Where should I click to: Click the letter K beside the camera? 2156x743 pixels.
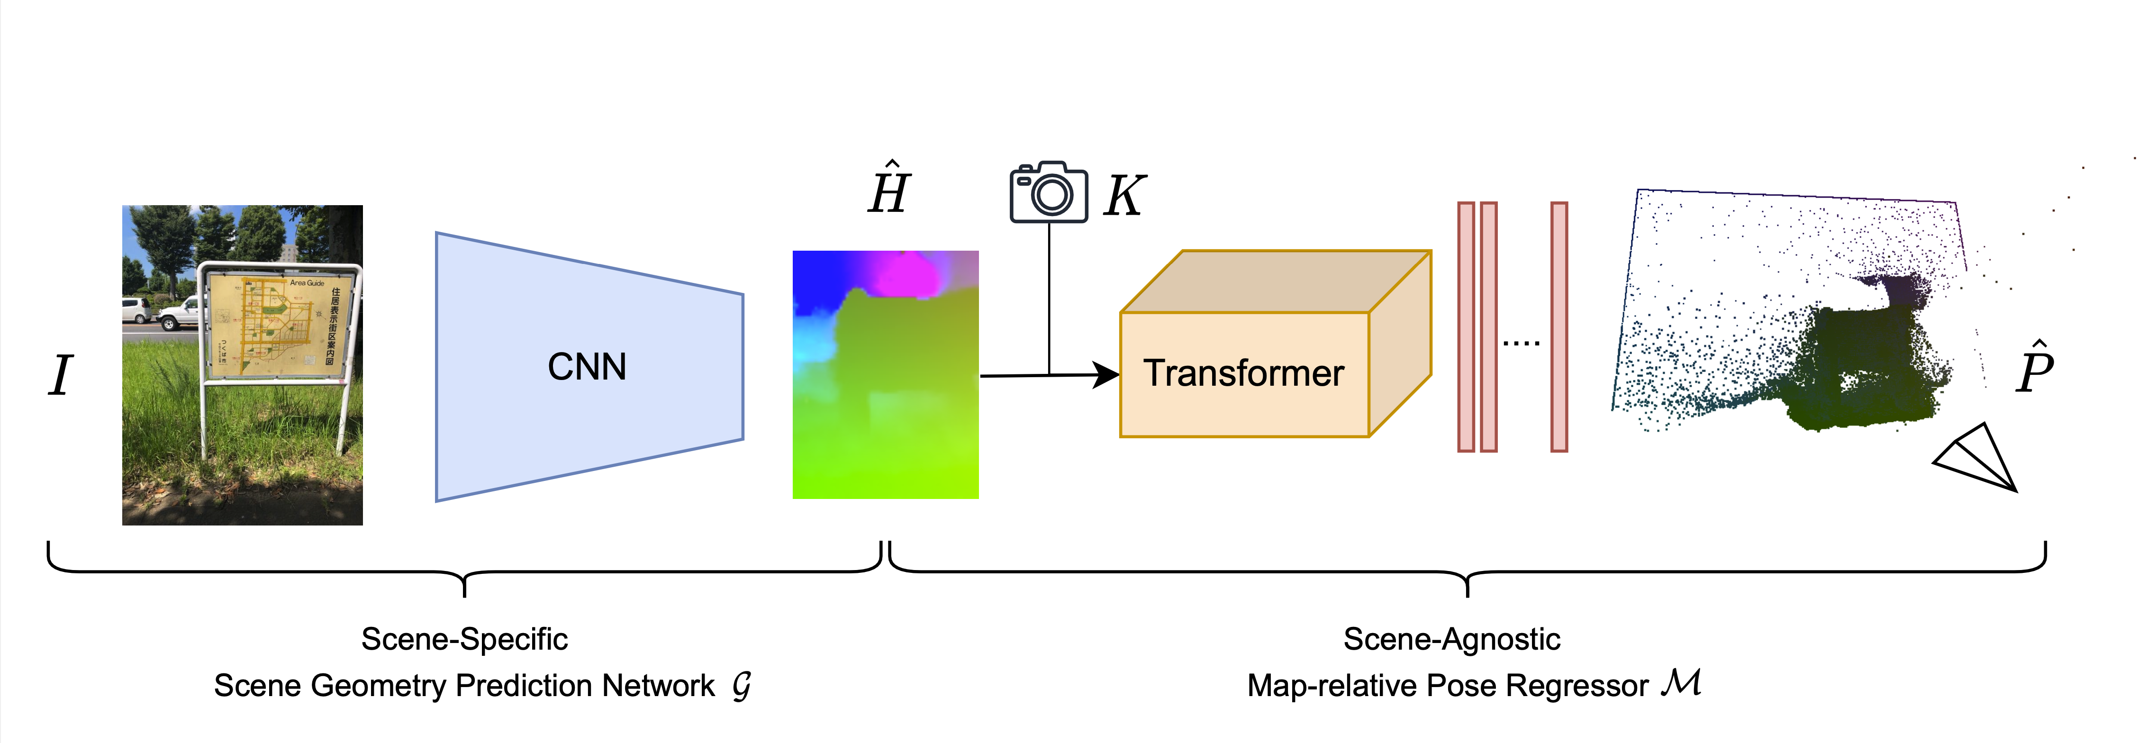click(x=1124, y=197)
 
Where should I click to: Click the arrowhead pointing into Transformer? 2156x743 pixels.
click(x=1106, y=375)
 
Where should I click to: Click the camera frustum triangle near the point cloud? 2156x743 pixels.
click(x=1979, y=459)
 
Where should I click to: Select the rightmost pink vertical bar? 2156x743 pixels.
click(x=1558, y=326)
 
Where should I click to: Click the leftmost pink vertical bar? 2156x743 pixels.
click(x=1466, y=326)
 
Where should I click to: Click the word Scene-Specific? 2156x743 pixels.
click(x=464, y=639)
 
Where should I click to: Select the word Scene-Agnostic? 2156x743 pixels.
click(x=1451, y=639)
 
